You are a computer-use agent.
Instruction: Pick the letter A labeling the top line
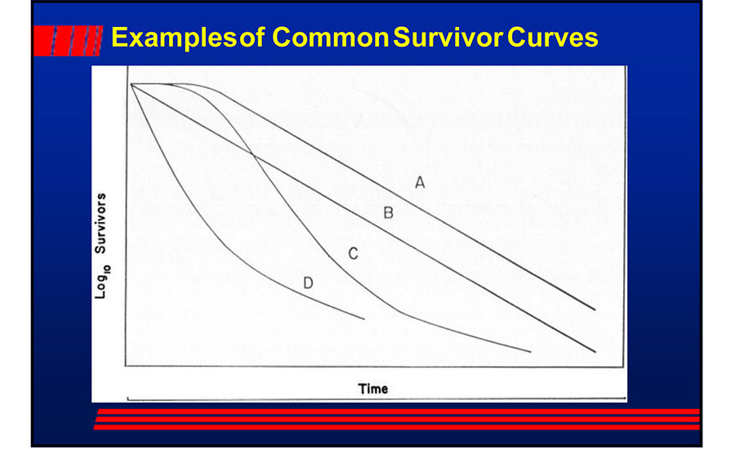(x=419, y=183)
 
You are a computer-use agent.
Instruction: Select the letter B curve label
(x=389, y=214)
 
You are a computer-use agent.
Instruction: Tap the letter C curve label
(x=353, y=254)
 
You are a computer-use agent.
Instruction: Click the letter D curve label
(x=308, y=283)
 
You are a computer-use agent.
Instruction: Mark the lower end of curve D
(x=363, y=318)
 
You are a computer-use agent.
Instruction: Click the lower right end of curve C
(x=531, y=352)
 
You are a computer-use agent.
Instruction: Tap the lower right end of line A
(x=595, y=310)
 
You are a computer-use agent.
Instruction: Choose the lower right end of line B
(x=595, y=351)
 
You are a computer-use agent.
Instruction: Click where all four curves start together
(x=131, y=84)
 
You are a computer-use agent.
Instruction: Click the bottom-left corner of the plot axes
(x=125, y=366)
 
